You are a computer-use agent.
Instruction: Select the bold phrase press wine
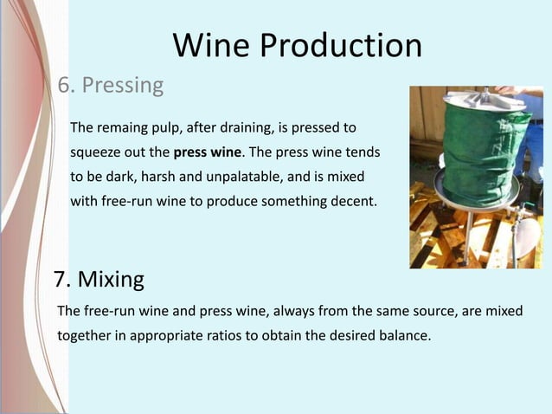coord(208,152)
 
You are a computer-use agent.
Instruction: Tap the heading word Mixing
coord(111,280)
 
